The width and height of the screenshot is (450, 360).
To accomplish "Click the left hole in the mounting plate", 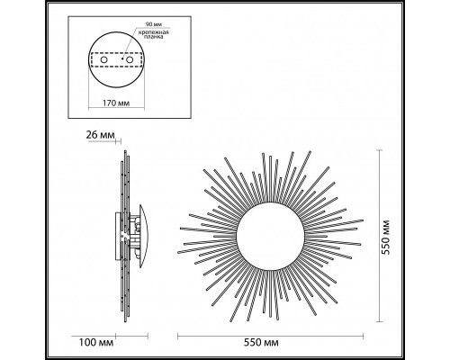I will [100, 61].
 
